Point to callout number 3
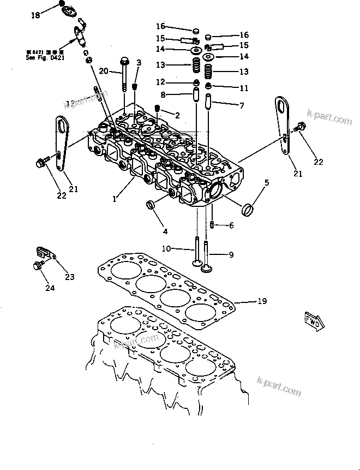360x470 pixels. pyautogui.click(x=139, y=63)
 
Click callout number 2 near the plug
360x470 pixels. pyautogui.click(x=177, y=115)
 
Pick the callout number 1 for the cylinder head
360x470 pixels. pyautogui.click(x=115, y=200)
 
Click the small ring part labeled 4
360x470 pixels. pyautogui.click(x=151, y=205)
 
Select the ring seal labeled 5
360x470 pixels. pyautogui.click(x=249, y=209)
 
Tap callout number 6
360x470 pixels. pyautogui.click(x=231, y=225)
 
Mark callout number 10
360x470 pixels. pyautogui.click(x=167, y=249)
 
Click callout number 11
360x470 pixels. pyautogui.click(x=243, y=87)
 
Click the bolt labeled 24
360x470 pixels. pyautogui.click(x=38, y=266)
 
